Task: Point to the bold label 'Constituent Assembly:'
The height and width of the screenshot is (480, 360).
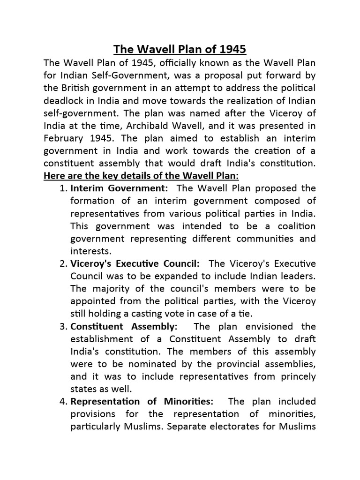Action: [124, 327]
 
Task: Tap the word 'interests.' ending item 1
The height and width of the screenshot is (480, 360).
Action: [90, 251]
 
